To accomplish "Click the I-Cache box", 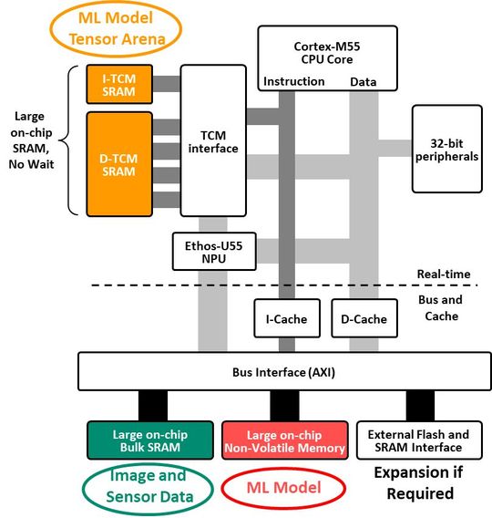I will pos(286,319).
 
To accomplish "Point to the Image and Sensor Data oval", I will pos(147,484).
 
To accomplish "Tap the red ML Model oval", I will pos(283,488).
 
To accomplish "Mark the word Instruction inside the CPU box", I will pos(293,81).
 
